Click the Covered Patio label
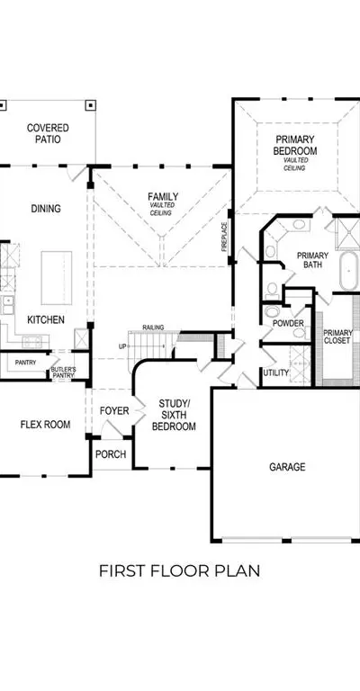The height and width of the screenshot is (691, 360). (x=48, y=133)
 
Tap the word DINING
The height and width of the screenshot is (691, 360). (x=46, y=209)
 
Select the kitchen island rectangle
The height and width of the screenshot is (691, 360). (x=57, y=278)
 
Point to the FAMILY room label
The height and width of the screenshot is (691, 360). (x=163, y=196)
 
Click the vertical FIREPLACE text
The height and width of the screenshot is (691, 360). (x=224, y=237)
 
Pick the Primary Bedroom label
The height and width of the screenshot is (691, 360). (x=295, y=145)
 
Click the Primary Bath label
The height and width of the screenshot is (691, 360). (x=312, y=260)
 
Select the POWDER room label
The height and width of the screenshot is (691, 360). (x=288, y=324)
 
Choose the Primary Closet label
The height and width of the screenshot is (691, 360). (x=338, y=337)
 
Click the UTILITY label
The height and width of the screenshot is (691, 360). (x=275, y=372)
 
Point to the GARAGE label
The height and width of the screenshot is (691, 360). (x=287, y=467)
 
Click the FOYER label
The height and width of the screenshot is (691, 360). (x=114, y=410)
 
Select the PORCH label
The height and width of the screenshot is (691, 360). (x=111, y=453)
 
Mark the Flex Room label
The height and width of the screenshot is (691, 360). (x=45, y=425)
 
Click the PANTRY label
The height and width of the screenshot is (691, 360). (x=25, y=363)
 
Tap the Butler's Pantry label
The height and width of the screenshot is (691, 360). (x=64, y=372)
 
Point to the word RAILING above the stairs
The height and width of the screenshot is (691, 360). (x=153, y=328)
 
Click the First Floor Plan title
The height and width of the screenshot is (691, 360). (x=179, y=570)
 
